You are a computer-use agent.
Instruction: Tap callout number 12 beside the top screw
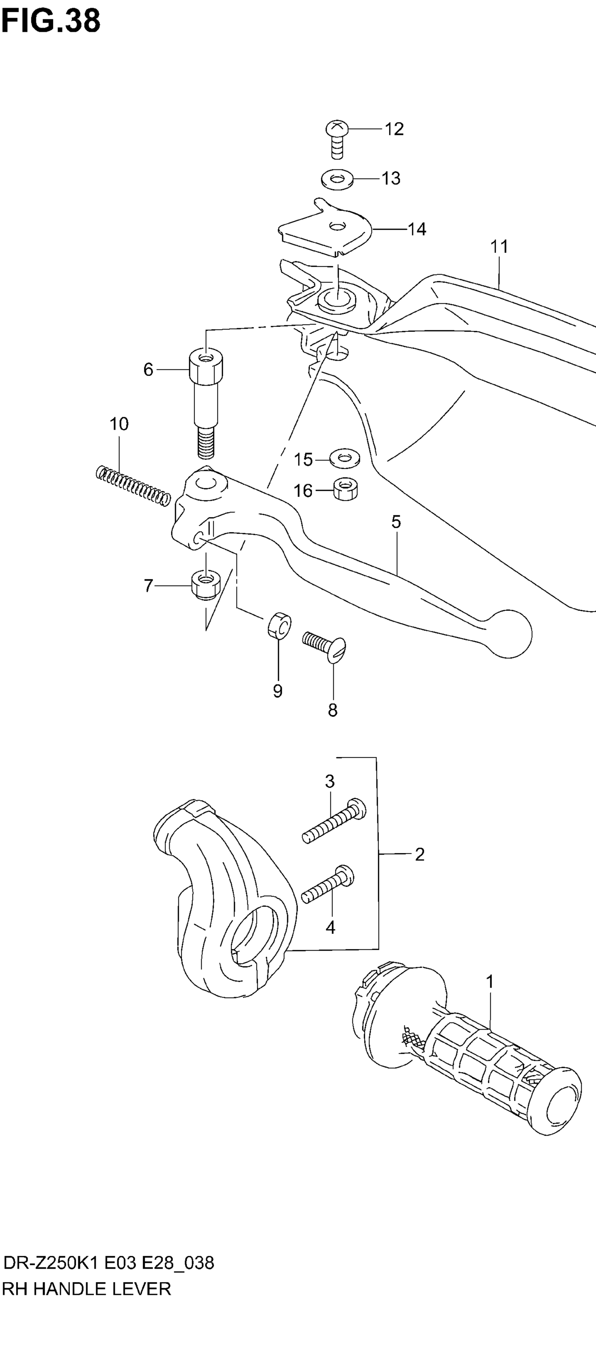(394, 129)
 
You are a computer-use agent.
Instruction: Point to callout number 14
(417, 229)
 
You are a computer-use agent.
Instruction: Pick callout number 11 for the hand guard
(499, 247)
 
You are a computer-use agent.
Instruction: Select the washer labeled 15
(345, 458)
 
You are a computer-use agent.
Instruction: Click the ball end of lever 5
(509, 634)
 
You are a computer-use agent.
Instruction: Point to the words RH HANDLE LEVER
(87, 1289)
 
